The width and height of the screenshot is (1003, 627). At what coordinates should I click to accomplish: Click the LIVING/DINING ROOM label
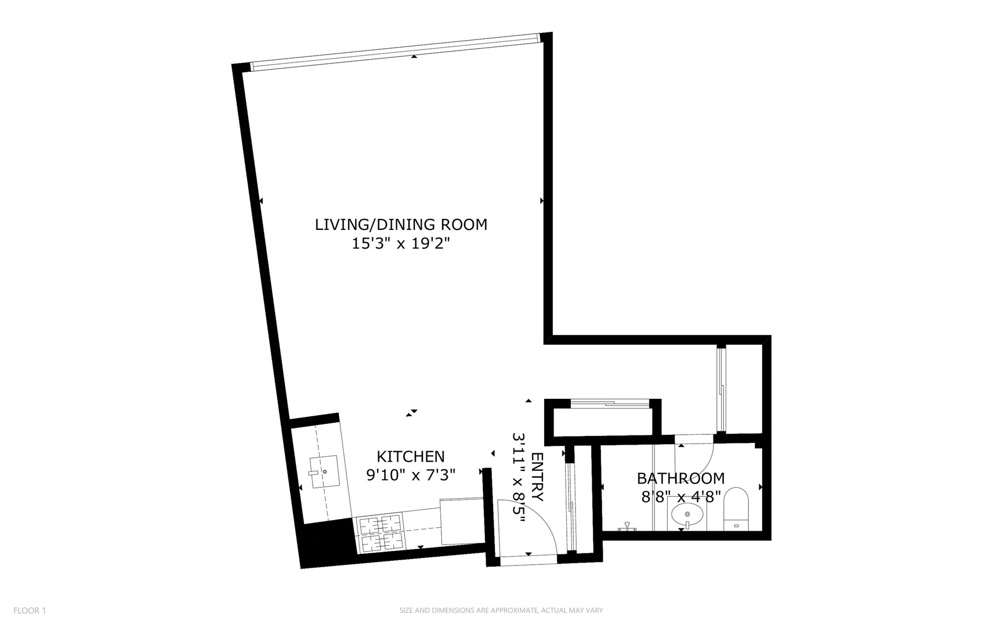click(x=401, y=225)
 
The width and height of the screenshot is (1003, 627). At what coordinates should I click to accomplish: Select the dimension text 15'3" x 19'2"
click(x=401, y=244)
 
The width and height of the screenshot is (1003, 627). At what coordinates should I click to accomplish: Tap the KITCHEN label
click(x=410, y=456)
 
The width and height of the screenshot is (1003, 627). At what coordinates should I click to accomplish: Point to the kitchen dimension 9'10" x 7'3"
click(x=410, y=475)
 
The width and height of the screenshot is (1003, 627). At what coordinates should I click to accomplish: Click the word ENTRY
click(x=537, y=477)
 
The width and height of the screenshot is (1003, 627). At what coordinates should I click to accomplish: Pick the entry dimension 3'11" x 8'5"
click(x=519, y=477)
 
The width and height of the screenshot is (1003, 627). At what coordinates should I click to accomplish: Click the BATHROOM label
click(x=680, y=478)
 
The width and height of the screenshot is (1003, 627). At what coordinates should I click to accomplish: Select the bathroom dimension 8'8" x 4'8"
click(x=680, y=497)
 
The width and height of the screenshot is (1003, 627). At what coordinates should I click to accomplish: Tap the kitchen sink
click(x=324, y=471)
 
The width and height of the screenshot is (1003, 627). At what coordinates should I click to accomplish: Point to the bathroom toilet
click(x=737, y=510)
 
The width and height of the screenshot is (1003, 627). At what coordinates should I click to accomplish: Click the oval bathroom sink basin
click(x=688, y=514)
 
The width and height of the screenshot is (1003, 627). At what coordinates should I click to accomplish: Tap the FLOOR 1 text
click(x=30, y=610)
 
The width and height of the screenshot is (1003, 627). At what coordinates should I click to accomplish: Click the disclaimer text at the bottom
click(x=501, y=610)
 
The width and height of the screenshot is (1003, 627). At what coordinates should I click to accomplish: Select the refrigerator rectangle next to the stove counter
click(x=462, y=521)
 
